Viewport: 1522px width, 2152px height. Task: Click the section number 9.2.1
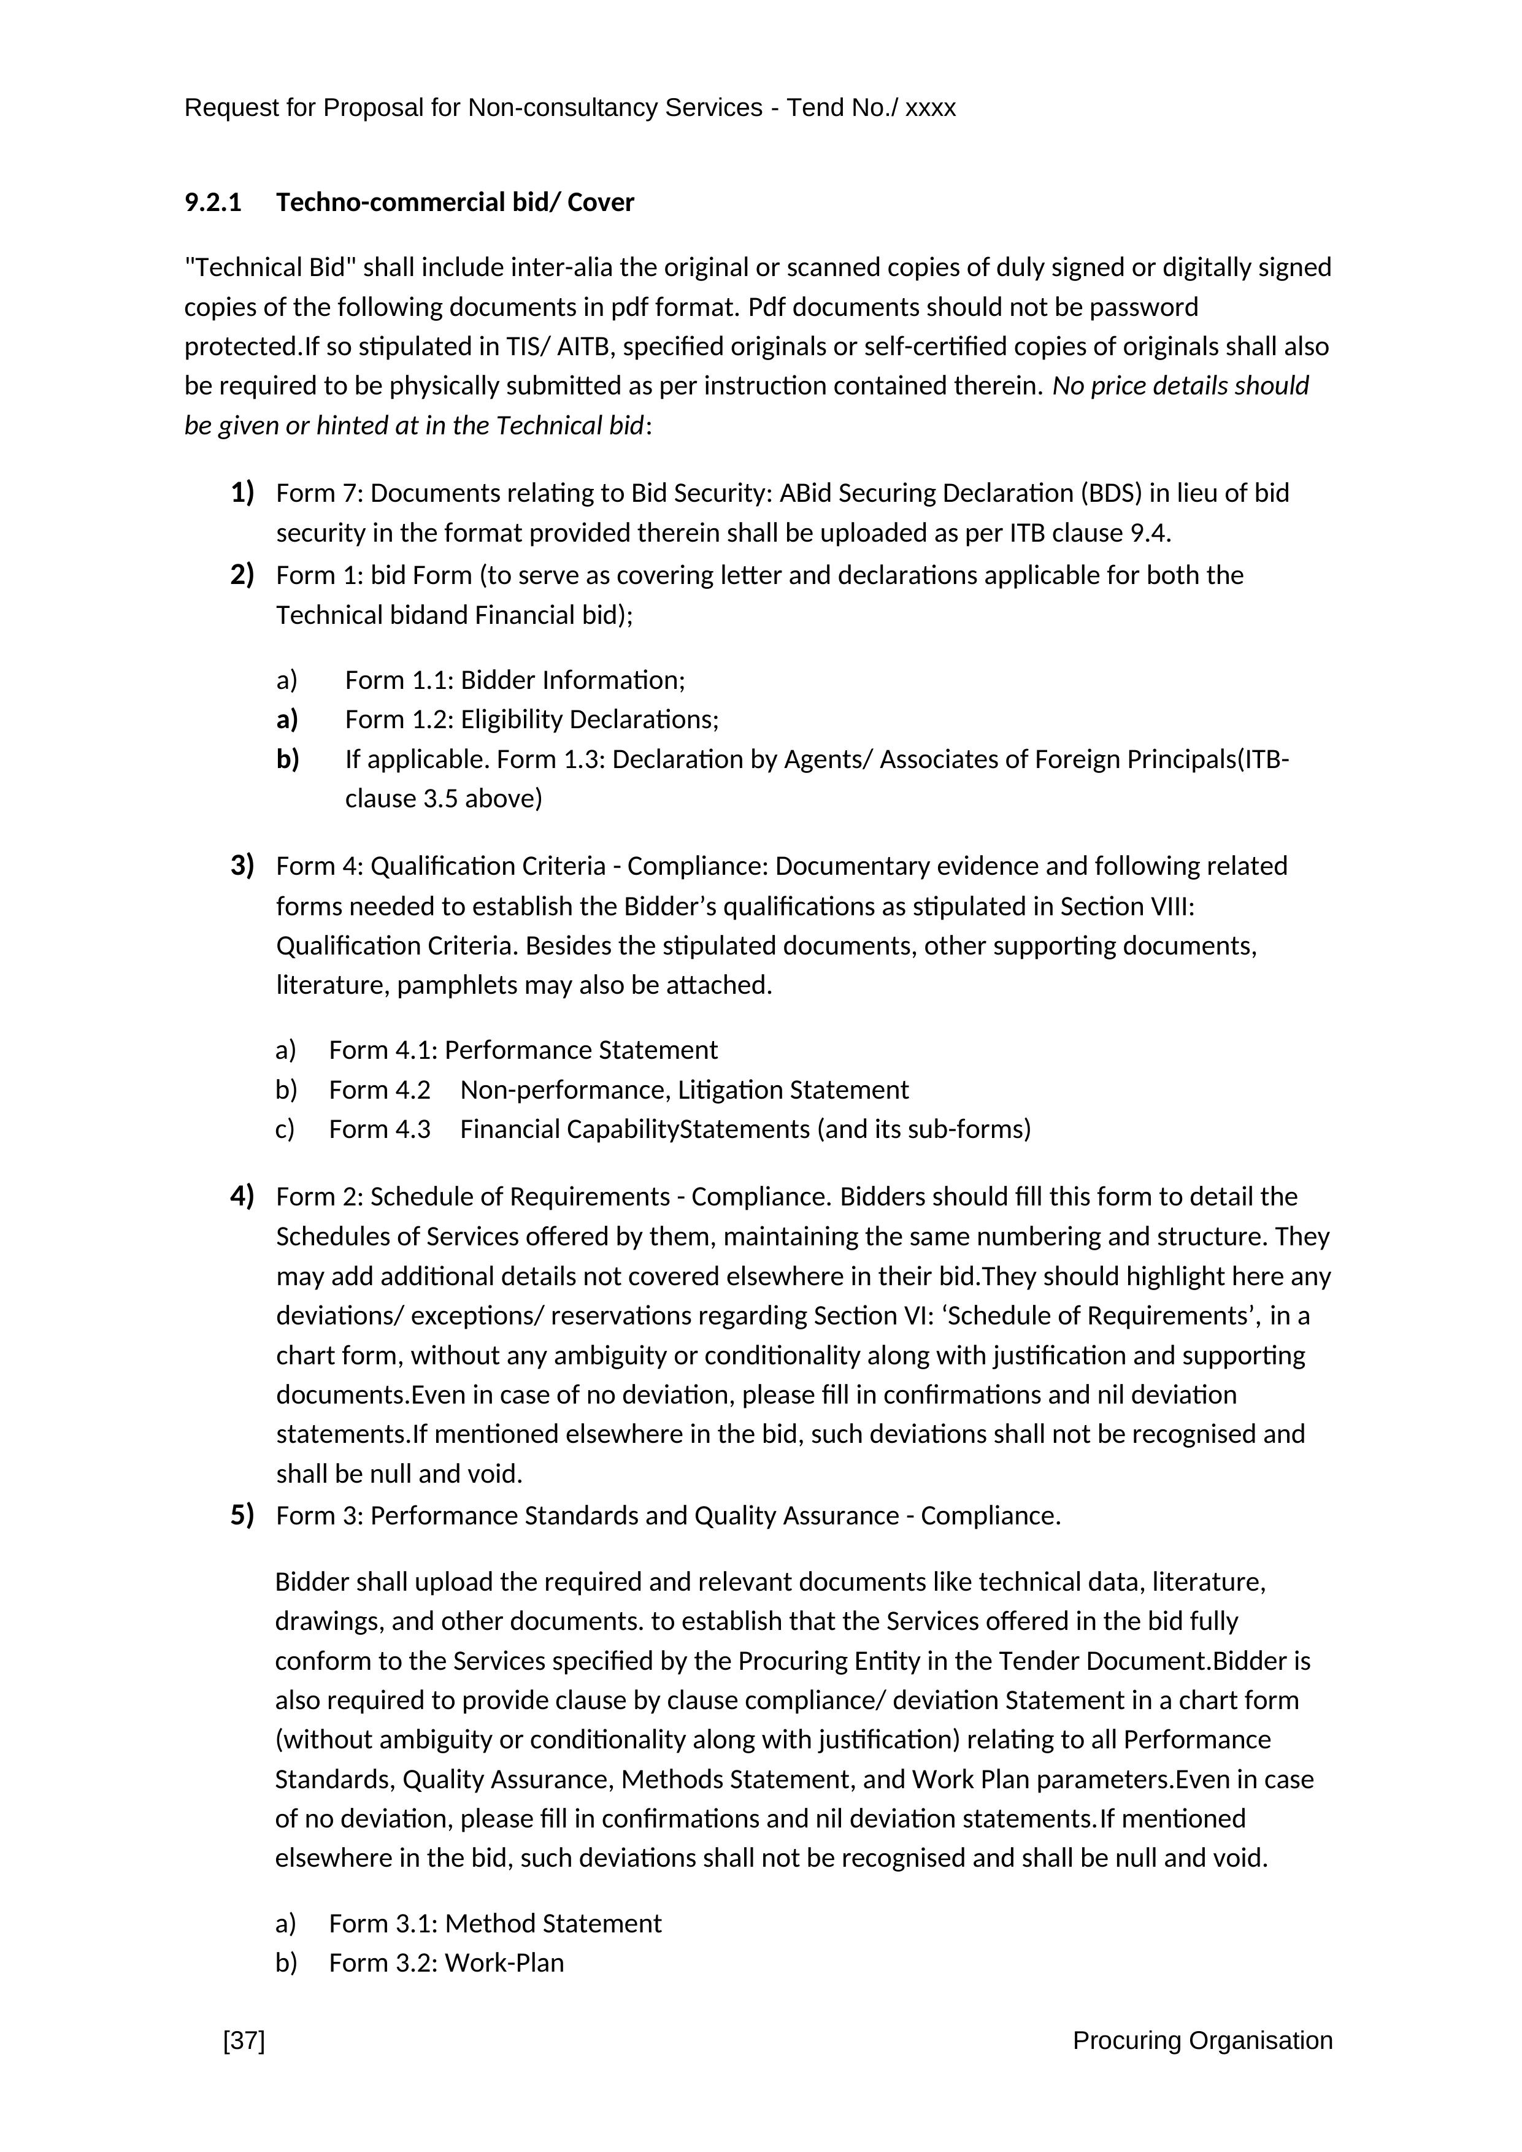213,202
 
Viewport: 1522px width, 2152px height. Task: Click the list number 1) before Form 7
242,492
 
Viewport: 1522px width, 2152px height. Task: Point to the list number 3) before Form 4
242,864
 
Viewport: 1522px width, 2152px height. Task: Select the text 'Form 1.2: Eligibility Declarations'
531,719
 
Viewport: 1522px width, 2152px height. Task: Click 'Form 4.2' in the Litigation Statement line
380,1089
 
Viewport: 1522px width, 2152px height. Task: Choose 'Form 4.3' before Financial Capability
380,1129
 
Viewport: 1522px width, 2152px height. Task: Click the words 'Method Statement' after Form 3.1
553,1923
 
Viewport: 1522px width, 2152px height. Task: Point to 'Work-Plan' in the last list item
504,1962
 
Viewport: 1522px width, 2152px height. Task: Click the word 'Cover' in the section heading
601,202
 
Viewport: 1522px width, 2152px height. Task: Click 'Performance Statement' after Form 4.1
580,1050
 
